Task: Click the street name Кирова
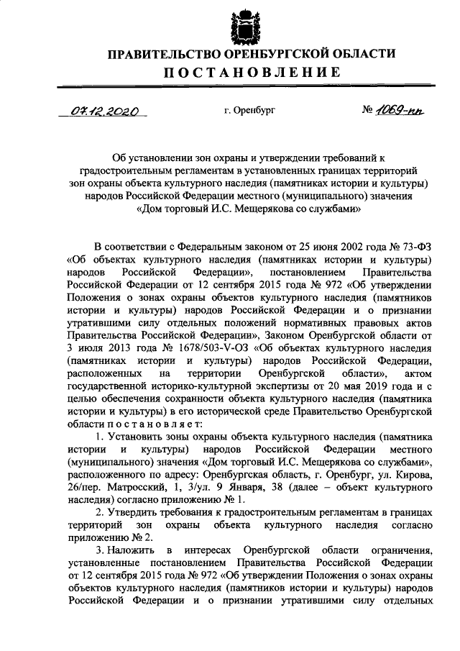[417, 479]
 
